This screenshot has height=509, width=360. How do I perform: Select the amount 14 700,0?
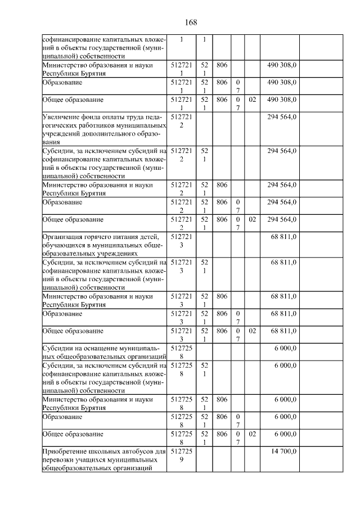[x=282, y=451]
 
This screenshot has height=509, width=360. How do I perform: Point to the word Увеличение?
[x=61, y=116]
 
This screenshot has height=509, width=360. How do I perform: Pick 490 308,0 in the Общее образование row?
[x=282, y=100]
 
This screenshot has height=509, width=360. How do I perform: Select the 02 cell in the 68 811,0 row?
[x=252, y=331]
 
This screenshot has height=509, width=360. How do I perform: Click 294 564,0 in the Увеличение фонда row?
[x=282, y=116]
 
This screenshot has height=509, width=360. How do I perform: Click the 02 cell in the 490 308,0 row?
[x=252, y=100]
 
